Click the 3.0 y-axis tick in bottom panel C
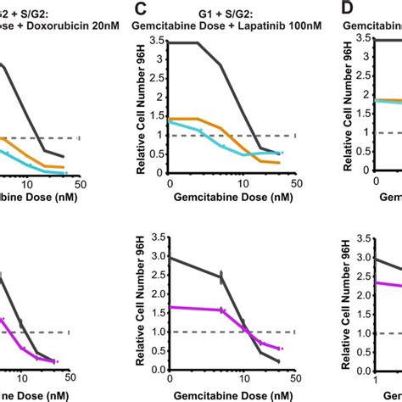160,258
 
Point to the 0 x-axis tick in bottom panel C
171,379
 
